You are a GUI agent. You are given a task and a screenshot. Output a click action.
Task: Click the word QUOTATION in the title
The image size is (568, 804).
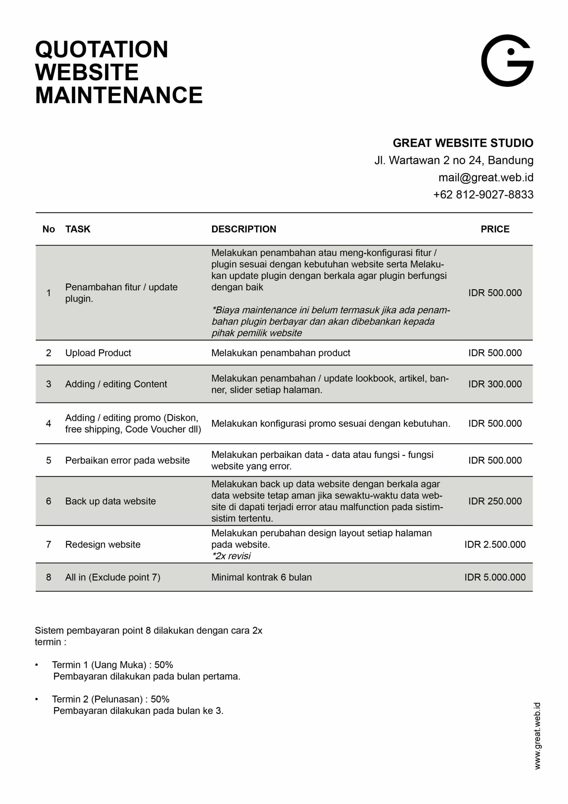point(101,49)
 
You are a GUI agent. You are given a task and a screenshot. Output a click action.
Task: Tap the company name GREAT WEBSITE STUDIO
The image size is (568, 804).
point(463,143)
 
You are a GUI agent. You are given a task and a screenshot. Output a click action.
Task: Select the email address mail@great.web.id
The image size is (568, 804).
point(486,177)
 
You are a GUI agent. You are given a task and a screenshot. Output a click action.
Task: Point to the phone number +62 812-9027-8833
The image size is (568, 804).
point(483,194)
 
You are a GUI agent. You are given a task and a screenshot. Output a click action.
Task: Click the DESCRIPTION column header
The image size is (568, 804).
point(244,229)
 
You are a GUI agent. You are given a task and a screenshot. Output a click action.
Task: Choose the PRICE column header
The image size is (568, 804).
point(495,229)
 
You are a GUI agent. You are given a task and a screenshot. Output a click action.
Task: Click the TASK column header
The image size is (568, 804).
point(78,229)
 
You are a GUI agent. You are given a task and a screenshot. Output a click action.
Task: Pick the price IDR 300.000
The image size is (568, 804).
point(495,384)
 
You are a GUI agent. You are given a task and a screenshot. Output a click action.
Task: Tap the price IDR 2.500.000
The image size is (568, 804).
point(495,544)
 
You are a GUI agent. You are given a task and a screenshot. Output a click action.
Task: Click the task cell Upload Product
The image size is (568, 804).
point(98,353)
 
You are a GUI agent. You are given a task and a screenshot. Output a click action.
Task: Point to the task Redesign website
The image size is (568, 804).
point(103,544)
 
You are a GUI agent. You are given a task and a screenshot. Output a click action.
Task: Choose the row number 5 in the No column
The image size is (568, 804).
point(49,460)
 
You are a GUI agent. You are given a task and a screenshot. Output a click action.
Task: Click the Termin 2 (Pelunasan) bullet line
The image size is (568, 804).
point(110,699)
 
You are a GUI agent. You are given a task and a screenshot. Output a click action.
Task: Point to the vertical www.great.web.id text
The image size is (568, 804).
point(537,735)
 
